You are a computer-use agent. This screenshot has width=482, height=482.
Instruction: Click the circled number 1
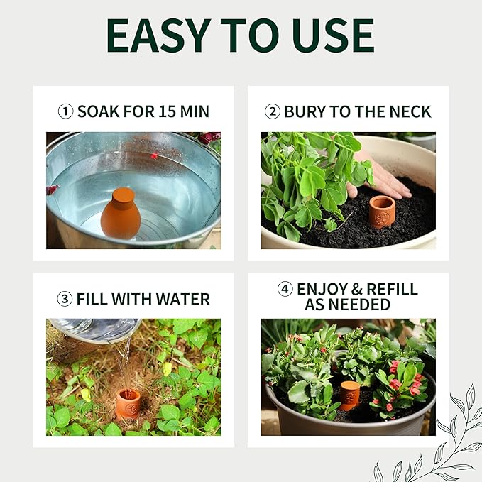coord(65,111)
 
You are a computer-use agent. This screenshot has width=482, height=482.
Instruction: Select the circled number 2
coord(272,111)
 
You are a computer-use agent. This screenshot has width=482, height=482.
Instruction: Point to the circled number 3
coord(65,299)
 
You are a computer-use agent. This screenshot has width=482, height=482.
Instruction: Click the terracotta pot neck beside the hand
coord(382,212)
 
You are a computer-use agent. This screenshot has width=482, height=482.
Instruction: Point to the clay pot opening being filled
coord(128,395)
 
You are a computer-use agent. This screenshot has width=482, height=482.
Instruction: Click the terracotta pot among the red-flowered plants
coord(349,395)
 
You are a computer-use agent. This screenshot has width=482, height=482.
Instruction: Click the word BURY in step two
coord(304,111)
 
